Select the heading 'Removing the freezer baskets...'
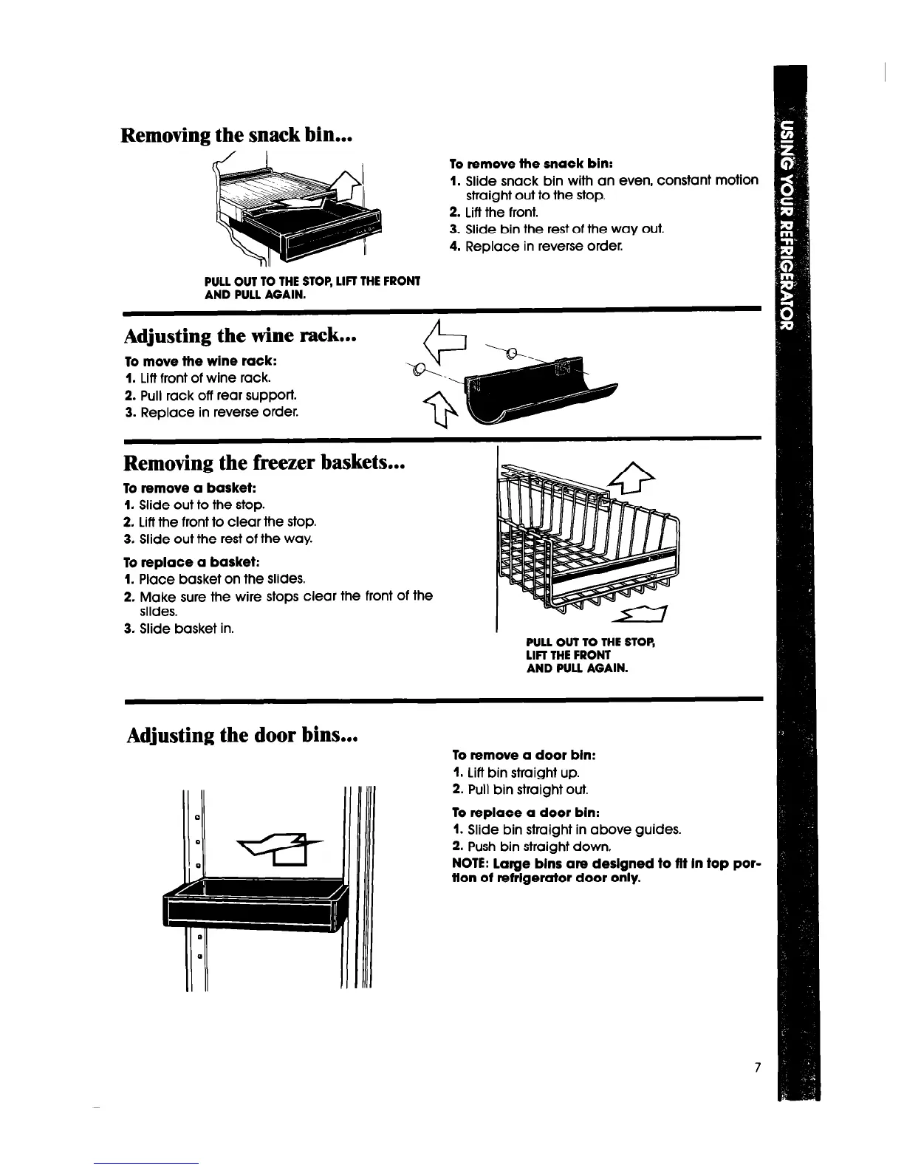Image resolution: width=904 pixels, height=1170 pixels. coord(264,463)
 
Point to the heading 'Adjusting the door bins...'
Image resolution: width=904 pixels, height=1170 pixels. coord(242,736)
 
